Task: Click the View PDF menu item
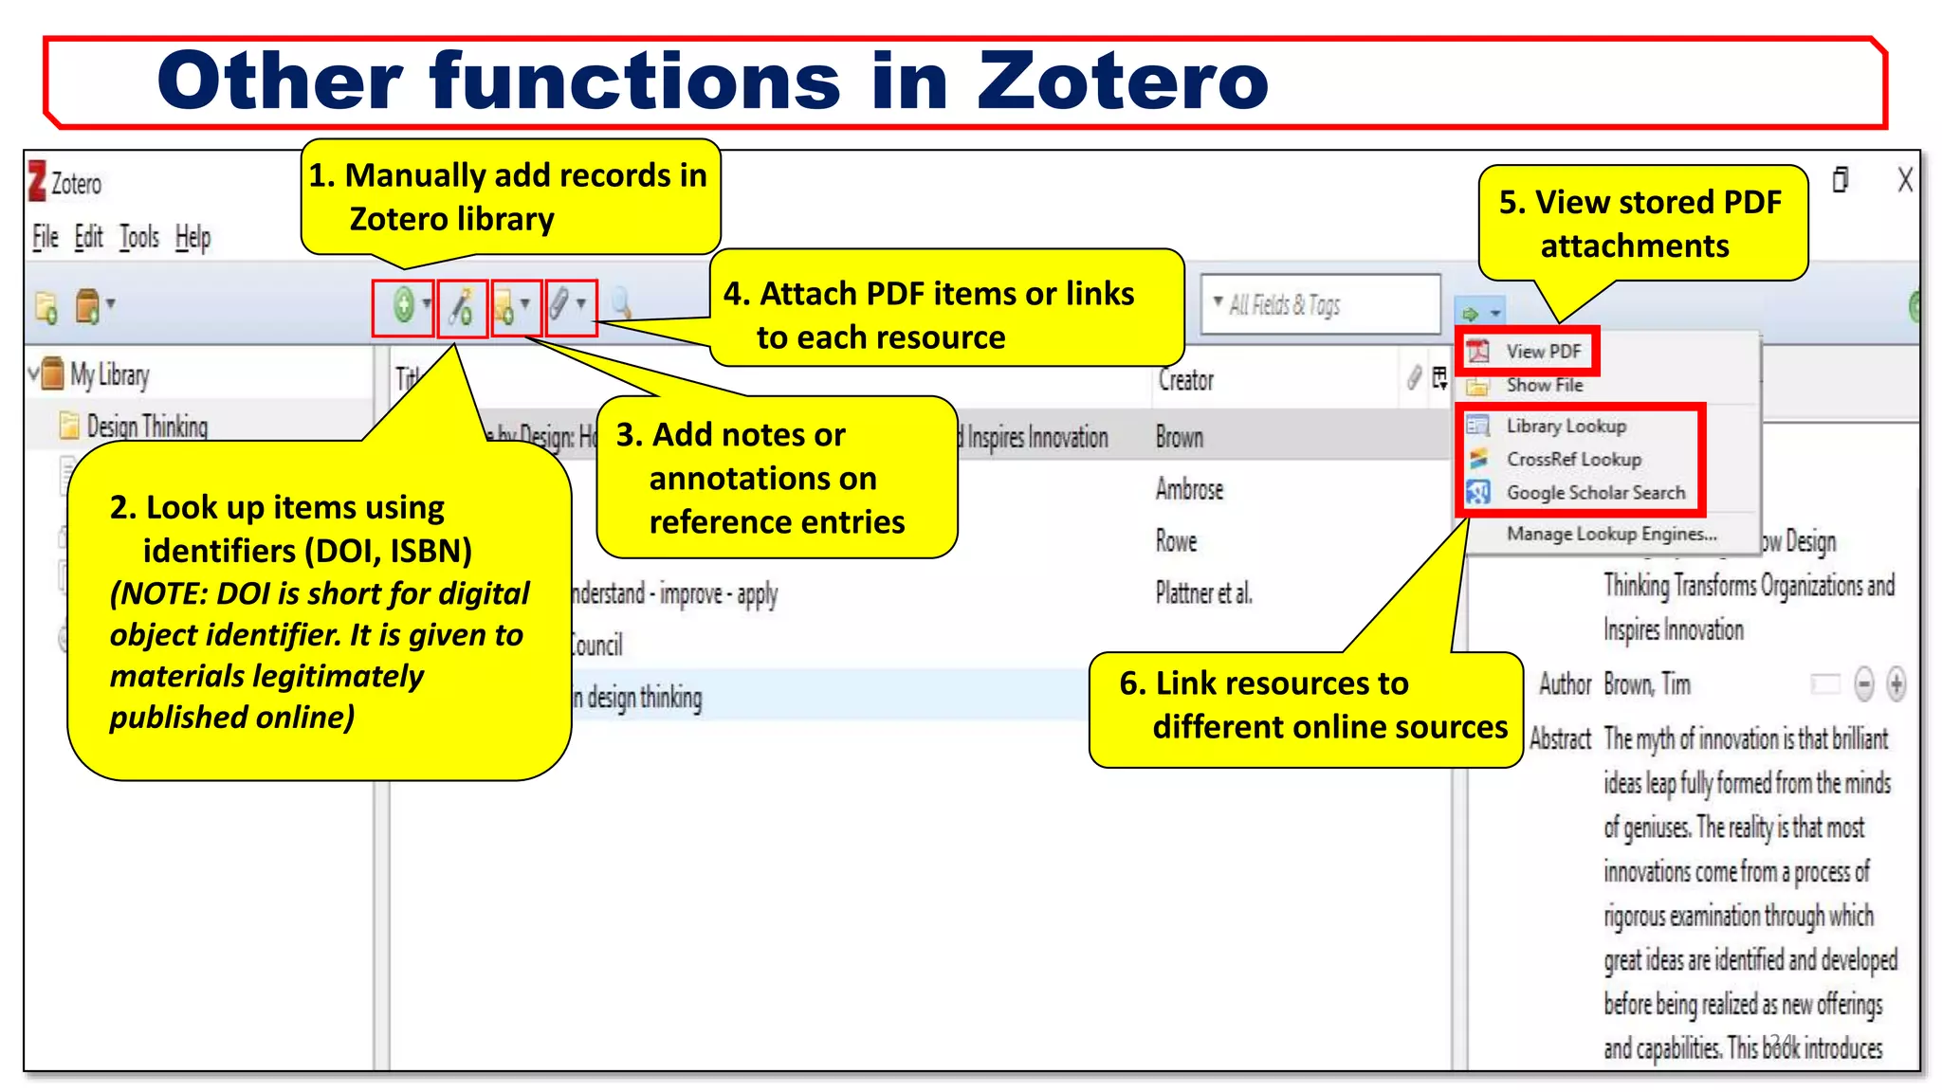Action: point(1543,352)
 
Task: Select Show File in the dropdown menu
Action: point(1544,385)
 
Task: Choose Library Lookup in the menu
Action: point(1566,427)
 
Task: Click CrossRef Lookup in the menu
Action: point(1573,460)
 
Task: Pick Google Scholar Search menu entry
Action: point(1595,493)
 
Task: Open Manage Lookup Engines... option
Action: point(1611,534)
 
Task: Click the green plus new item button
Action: point(404,305)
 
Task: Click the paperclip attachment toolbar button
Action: point(560,305)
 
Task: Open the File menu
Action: point(46,237)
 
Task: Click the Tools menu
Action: point(138,237)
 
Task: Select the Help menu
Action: point(192,237)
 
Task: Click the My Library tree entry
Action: point(109,375)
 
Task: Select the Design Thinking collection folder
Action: point(146,427)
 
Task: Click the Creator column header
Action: point(1185,380)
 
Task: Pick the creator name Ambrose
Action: point(1189,489)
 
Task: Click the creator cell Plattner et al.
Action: point(1203,593)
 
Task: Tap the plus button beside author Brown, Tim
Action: point(1896,683)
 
